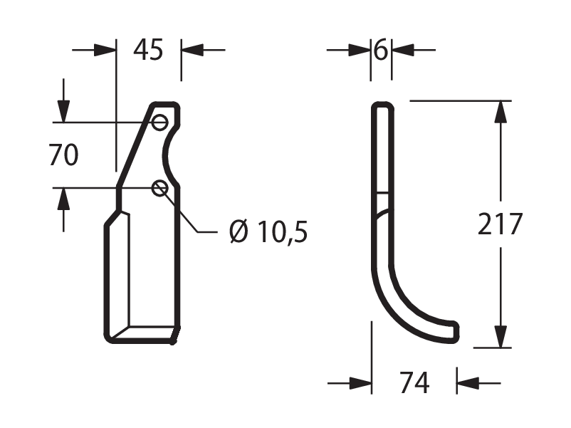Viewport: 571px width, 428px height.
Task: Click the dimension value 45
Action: tap(148, 50)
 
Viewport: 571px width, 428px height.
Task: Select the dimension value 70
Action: tap(63, 155)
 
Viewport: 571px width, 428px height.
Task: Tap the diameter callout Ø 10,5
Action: tap(268, 231)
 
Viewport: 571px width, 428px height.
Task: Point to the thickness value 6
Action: tap(381, 50)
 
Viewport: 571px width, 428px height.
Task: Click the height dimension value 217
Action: tap(500, 224)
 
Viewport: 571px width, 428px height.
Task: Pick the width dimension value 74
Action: tap(414, 382)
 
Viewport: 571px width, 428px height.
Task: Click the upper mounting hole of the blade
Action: tap(159, 122)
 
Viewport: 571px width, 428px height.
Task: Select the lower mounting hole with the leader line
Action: tap(159, 188)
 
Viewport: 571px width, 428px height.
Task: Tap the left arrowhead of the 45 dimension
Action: tap(105, 50)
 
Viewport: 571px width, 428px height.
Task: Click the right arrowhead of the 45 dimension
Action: tap(192, 50)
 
